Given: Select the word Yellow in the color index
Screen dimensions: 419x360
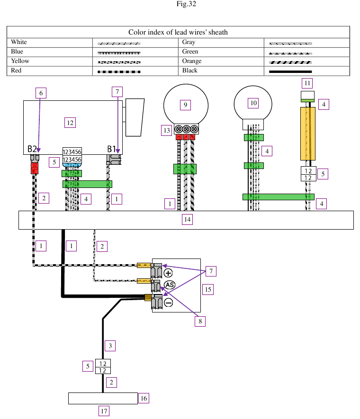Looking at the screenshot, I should (20, 61).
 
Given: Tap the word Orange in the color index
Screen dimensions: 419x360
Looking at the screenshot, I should (192, 61).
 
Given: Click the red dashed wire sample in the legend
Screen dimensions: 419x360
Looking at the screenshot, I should (119, 71).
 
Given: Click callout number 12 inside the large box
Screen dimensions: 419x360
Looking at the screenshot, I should (70, 123).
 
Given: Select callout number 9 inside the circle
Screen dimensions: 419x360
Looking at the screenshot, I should (186, 104).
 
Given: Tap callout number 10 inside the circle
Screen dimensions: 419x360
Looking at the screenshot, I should (253, 103).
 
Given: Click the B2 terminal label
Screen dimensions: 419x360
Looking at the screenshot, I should (32, 149).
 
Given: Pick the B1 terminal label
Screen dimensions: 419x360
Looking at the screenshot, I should (113, 149).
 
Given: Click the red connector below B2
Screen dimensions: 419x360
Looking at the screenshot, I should (34, 168).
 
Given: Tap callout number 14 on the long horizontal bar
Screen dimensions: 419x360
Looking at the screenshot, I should (188, 219).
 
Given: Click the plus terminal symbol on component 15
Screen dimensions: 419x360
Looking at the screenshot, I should (169, 273).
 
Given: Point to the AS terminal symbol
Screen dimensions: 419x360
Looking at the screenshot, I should (169, 285).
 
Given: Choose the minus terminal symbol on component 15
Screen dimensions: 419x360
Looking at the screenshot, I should (169, 303).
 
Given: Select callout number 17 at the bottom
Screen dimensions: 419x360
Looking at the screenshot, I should (104, 411).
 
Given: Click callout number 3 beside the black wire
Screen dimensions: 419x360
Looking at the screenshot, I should (110, 346).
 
